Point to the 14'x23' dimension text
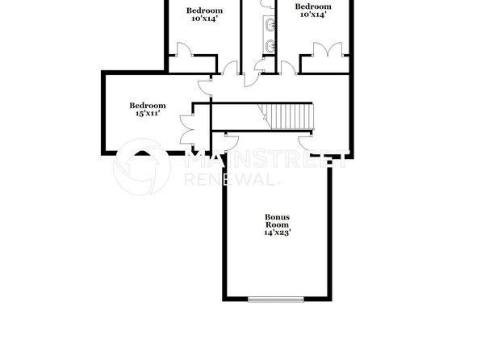click(277, 232)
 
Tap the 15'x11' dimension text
click(148, 114)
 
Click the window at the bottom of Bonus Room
click(277, 300)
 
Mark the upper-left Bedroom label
click(205, 10)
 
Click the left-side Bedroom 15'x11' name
click(148, 105)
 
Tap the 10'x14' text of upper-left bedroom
click(205, 19)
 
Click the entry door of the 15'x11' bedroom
click(204, 85)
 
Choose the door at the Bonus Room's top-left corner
click(230, 141)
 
